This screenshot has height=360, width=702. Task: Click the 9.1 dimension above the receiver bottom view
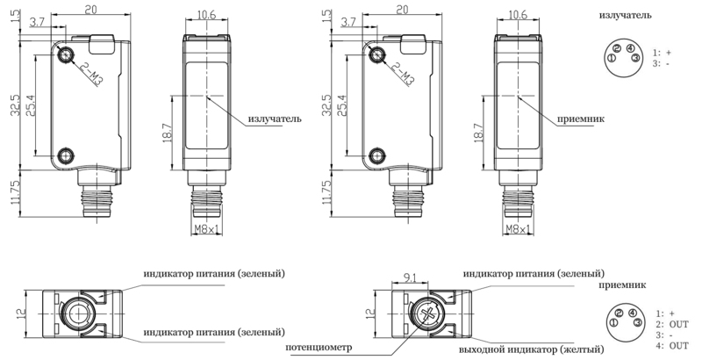pos(409,277)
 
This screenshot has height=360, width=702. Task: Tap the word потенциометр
pos(319,347)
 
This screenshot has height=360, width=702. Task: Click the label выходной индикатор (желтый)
pos(531,349)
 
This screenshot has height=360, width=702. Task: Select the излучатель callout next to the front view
pos(275,119)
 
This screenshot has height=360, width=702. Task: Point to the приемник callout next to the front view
pos(581,119)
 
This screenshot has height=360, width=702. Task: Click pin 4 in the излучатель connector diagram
pos(629,48)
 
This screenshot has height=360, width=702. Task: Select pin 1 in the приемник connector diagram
pos(613,322)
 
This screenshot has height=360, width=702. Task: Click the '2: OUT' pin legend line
pos(672,324)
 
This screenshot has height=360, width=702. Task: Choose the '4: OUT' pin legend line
pos(672,346)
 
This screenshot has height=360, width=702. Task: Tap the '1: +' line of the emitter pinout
pos(663,53)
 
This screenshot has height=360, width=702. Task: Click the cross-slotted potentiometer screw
pos(428,314)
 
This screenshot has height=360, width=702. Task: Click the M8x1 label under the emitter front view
pos(206,229)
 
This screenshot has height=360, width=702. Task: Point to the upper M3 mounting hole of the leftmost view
pos(66,54)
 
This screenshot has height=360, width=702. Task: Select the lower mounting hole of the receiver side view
pos(377,155)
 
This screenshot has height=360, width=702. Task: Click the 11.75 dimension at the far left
pos(16,193)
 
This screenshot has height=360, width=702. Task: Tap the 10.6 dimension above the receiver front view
pos(518,15)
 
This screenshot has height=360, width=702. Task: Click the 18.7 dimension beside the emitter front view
pos(167,133)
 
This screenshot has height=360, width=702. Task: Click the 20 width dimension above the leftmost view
pos(91,9)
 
